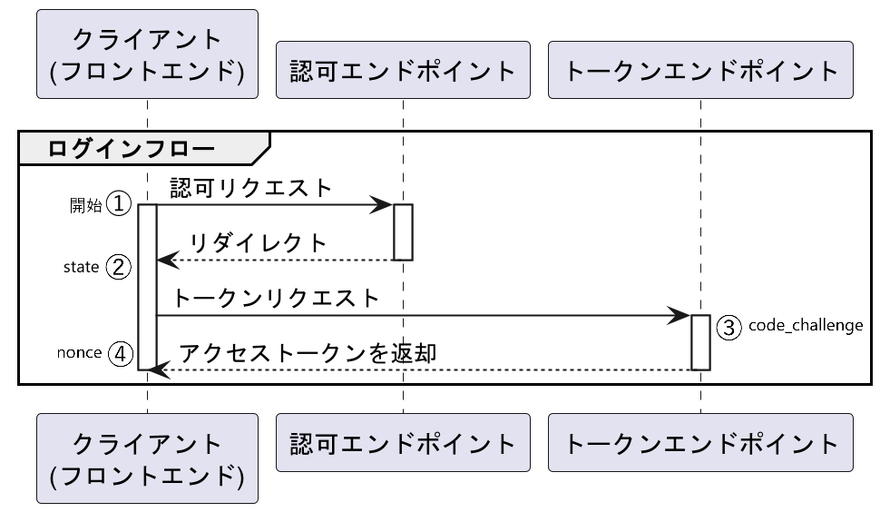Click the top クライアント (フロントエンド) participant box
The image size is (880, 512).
147,54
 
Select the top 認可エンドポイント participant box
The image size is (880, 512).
403,70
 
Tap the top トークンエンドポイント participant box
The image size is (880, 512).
700,70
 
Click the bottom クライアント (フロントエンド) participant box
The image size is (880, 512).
147,458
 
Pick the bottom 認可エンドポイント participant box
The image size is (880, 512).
403,443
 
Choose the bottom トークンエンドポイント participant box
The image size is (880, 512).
700,443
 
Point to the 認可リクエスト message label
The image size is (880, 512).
251,188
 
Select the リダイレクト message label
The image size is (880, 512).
258,243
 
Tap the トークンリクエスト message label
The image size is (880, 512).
275,299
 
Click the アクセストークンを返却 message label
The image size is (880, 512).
308,353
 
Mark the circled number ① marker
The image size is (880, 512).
120,204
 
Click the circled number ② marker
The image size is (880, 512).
120,267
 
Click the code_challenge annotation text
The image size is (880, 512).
806,325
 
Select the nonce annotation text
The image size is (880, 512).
79,353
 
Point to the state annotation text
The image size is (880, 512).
81,268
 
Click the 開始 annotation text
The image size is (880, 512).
86,205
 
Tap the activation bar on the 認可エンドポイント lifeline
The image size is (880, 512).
403,231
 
